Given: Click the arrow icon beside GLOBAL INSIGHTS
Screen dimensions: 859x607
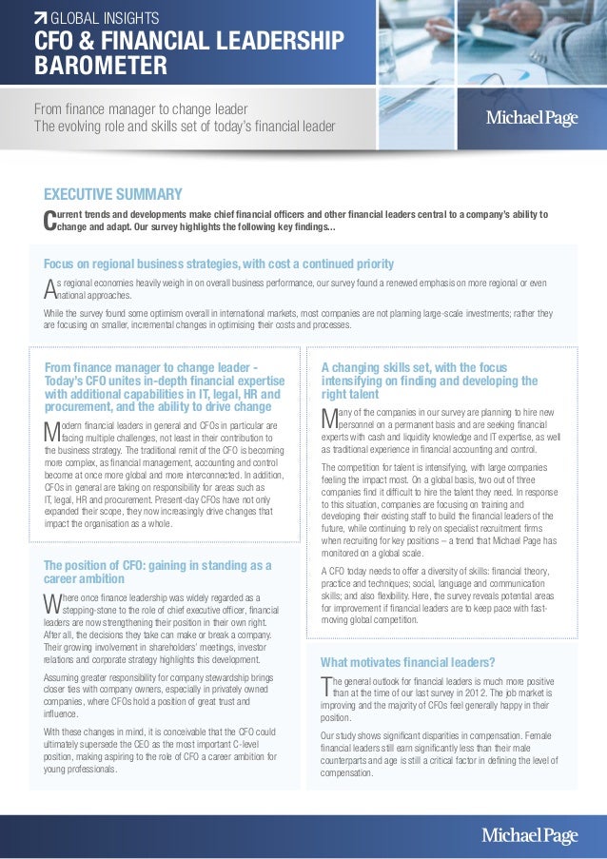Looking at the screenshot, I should point(40,16).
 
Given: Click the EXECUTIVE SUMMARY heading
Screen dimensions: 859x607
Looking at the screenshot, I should point(113,195).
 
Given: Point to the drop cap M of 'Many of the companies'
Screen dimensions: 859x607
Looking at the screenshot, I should point(331,417).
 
